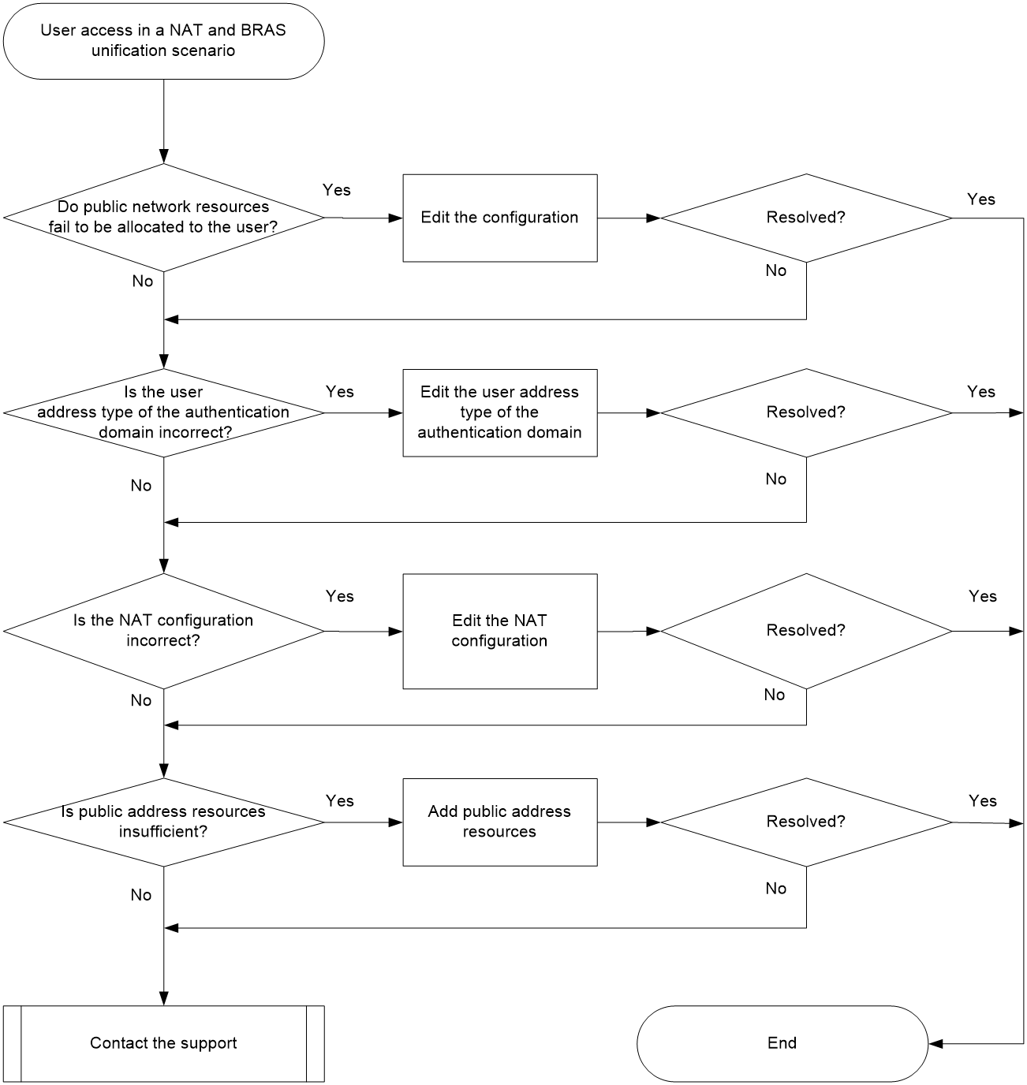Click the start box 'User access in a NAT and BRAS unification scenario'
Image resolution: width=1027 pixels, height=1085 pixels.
[x=163, y=41]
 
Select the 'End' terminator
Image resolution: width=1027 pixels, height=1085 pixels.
[x=782, y=1043]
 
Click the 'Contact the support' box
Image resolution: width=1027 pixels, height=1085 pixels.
[x=163, y=1043]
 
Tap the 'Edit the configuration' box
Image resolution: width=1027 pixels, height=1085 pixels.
[x=500, y=218]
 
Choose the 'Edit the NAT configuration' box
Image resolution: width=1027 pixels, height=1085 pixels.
[x=500, y=631]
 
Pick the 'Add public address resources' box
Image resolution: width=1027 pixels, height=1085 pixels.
[x=500, y=822]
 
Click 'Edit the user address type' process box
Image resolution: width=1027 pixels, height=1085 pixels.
[x=500, y=413]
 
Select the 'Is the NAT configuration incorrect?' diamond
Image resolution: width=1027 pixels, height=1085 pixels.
[x=163, y=631]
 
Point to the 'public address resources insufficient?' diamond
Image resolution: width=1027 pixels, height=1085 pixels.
[x=163, y=822]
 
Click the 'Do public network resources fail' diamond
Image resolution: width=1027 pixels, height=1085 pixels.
[x=163, y=218]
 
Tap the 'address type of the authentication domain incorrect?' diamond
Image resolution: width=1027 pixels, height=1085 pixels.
[x=163, y=413]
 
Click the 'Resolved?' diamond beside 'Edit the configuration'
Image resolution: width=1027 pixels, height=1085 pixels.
[x=806, y=218]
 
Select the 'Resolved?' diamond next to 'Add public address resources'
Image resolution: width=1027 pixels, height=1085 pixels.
[x=806, y=822]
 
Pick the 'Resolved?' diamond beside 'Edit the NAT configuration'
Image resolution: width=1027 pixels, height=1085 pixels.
[x=806, y=631]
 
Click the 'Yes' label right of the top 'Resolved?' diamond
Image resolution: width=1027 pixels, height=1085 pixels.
[x=980, y=199]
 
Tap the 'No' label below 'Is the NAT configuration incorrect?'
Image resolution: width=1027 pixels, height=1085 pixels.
[x=140, y=700]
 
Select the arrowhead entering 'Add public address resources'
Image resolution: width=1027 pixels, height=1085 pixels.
[x=395, y=822]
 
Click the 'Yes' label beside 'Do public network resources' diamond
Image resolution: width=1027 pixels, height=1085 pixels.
[x=336, y=190]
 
